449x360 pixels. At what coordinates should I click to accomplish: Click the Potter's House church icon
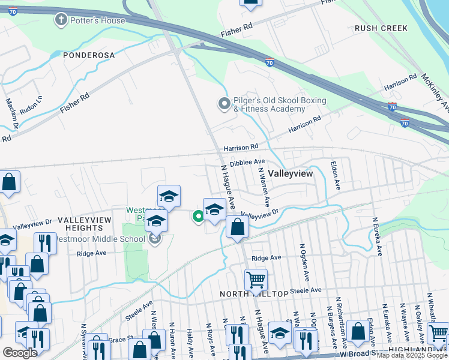pyautogui.click(x=60, y=20)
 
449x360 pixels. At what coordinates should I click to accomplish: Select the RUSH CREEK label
pyautogui.click(x=381, y=28)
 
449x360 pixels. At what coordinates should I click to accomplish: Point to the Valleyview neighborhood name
pyautogui.click(x=291, y=173)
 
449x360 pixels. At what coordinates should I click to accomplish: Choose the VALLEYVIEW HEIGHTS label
pyautogui.click(x=85, y=224)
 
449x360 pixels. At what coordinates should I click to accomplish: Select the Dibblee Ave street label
pyautogui.click(x=247, y=162)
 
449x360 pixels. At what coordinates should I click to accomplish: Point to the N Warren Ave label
pyautogui.click(x=263, y=186)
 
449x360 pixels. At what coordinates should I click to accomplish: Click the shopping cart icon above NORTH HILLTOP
pyautogui.click(x=256, y=279)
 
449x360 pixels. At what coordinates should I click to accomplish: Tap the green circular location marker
pyautogui.click(x=197, y=217)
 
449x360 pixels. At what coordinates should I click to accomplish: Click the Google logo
pyautogui.click(x=20, y=353)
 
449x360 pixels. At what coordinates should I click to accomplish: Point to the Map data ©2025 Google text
pyautogui.click(x=412, y=356)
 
